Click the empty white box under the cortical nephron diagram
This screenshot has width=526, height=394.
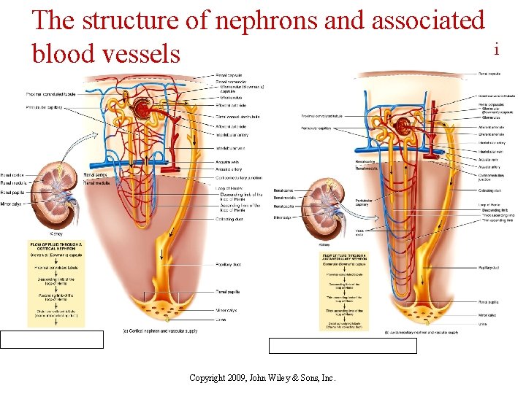[52, 339]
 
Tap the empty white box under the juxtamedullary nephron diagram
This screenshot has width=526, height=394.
[343, 345]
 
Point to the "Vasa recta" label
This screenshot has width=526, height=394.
[360, 232]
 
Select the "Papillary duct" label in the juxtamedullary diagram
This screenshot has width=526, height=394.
[489, 269]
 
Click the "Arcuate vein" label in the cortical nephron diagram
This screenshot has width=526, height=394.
[227, 162]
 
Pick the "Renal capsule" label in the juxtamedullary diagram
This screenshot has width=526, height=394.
[489, 74]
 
